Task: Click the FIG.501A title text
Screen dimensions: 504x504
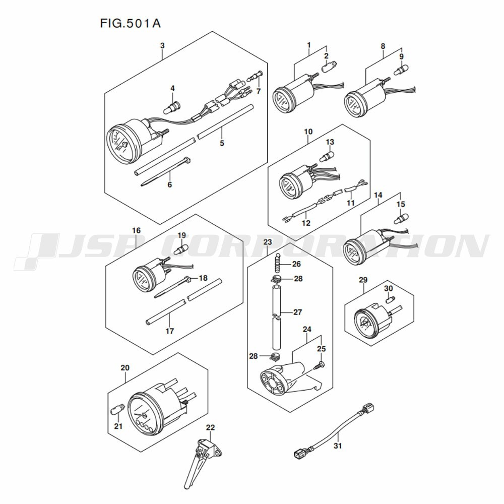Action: pyautogui.click(x=128, y=23)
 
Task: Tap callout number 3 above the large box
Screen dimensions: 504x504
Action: pyautogui.click(x=162, y=46)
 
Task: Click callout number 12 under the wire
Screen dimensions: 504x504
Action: pyautogui.click(x=305, y=223)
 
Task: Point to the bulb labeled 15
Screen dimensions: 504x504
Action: pyautogui.click(x=401, y=219)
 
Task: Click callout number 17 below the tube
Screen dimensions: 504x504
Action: pyautogui.click(x=169, y=331)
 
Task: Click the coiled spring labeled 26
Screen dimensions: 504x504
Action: pyautogui.click(x=277, y=263)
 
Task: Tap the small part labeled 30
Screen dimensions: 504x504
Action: pyautogui.click(x=389, y=301)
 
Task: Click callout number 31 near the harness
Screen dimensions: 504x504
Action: pyautogui.click(x=338, y=446)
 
